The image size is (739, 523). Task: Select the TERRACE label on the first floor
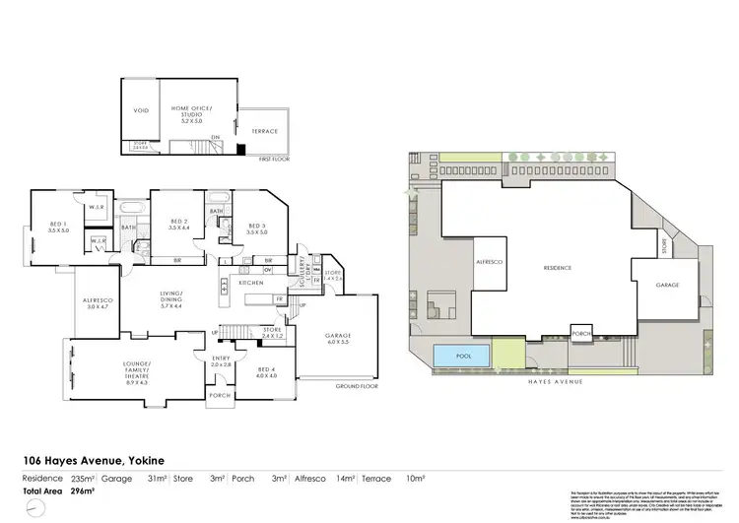point(264,131)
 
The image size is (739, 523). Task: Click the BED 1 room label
point(59,227)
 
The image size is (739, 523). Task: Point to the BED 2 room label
point(178,225)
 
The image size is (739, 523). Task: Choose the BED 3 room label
point(258,228)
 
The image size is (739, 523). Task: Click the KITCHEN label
point(251,283)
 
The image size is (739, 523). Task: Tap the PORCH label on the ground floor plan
point(219,395)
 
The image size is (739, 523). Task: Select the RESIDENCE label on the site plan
point(558,268)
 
